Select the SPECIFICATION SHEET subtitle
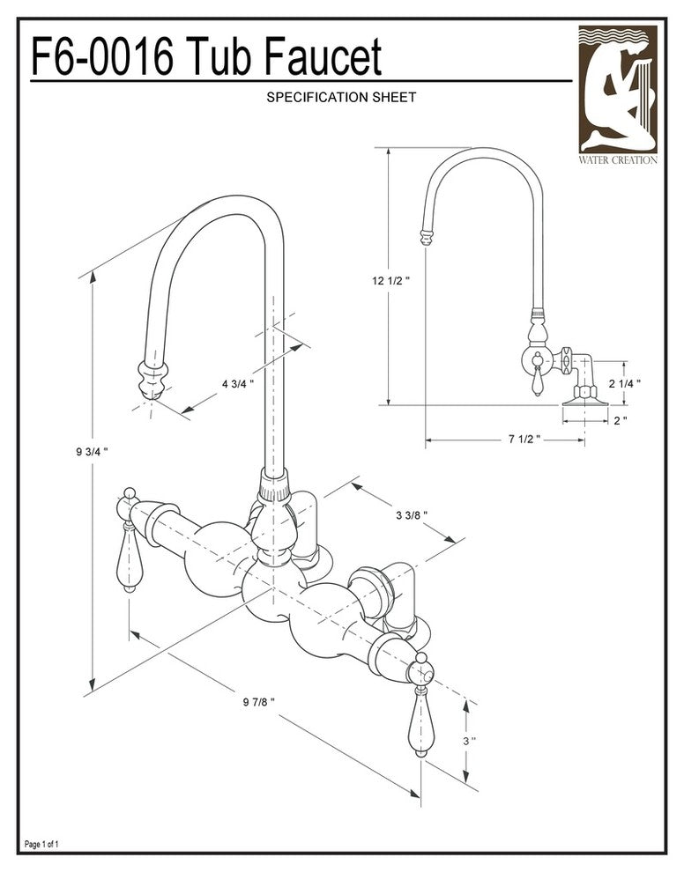point(341,97)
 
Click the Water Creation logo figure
point(617,88)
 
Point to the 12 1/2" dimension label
point(391,281)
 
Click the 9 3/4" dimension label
point(93,451)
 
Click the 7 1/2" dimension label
point(524,439)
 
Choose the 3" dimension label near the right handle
point(469,741)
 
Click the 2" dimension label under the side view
point(621,420)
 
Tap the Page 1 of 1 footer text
point(42,845)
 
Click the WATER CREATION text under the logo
point(617,159)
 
